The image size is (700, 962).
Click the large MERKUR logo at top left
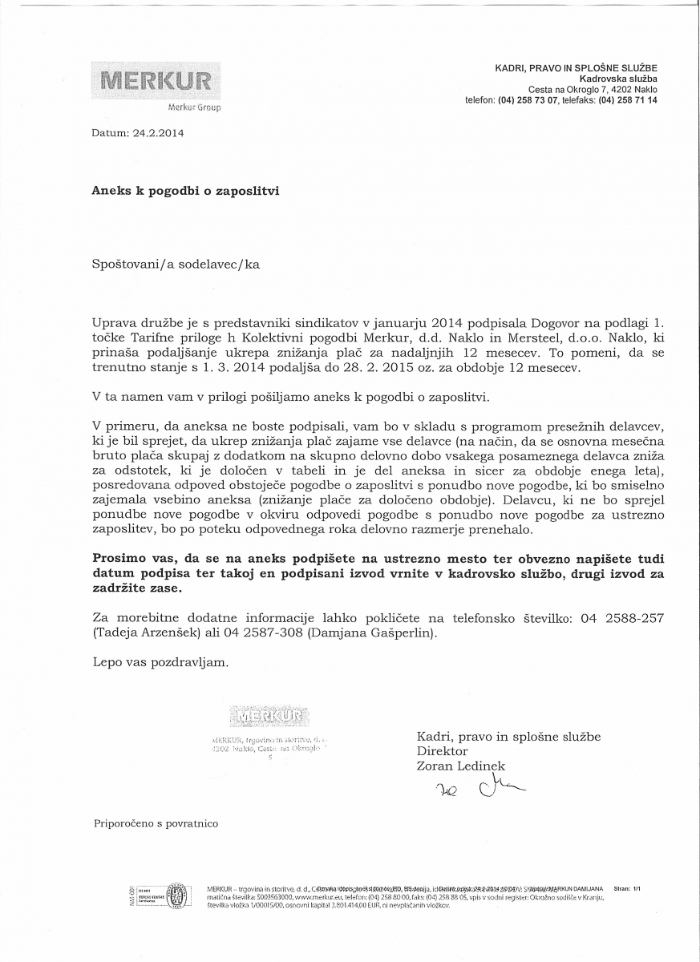[156, 81]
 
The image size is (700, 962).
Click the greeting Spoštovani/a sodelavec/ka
[176, 262]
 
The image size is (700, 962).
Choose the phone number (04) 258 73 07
[528, 101]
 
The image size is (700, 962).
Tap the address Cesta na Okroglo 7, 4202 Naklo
[593, 91]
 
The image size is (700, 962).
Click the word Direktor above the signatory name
[442, 751]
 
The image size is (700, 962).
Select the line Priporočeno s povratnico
[156, 823]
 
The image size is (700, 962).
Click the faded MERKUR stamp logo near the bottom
[269, 715]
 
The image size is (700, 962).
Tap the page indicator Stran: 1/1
[628, 889]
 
